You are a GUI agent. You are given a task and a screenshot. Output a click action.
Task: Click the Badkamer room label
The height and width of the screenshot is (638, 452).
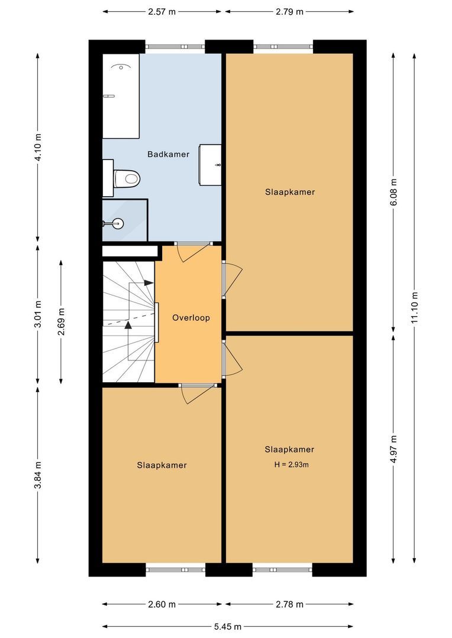coord(169,154)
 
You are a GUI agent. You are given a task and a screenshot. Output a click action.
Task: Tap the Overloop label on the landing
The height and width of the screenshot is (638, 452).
coord(191,318)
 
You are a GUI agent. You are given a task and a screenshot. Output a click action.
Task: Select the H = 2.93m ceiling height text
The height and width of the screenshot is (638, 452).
coord(292,464)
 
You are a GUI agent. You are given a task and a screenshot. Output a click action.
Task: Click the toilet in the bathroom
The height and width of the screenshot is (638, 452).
coord(127,177)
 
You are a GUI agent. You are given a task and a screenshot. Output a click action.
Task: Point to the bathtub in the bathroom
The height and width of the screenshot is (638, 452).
coord(121,96)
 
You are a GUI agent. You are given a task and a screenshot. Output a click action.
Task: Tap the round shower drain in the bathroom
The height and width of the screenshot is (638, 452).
coord(118,223)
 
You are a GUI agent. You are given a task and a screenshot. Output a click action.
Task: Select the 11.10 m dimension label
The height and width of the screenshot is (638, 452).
coord(415,308)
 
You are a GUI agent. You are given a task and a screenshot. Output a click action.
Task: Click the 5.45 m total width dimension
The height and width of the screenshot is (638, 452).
coord(228,626)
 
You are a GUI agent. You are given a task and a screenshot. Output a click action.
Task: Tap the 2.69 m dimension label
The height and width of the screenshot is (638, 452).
coord(61,322)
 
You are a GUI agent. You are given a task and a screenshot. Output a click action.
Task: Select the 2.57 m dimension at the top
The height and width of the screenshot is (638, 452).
coord(162,11)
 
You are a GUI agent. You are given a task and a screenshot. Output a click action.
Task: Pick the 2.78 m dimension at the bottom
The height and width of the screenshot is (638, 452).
coord(290,604)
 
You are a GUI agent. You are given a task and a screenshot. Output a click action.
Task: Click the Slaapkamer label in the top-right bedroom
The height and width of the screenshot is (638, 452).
coord(290,192)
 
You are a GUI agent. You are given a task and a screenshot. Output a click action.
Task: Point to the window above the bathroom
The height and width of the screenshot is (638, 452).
coord(176,47)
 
